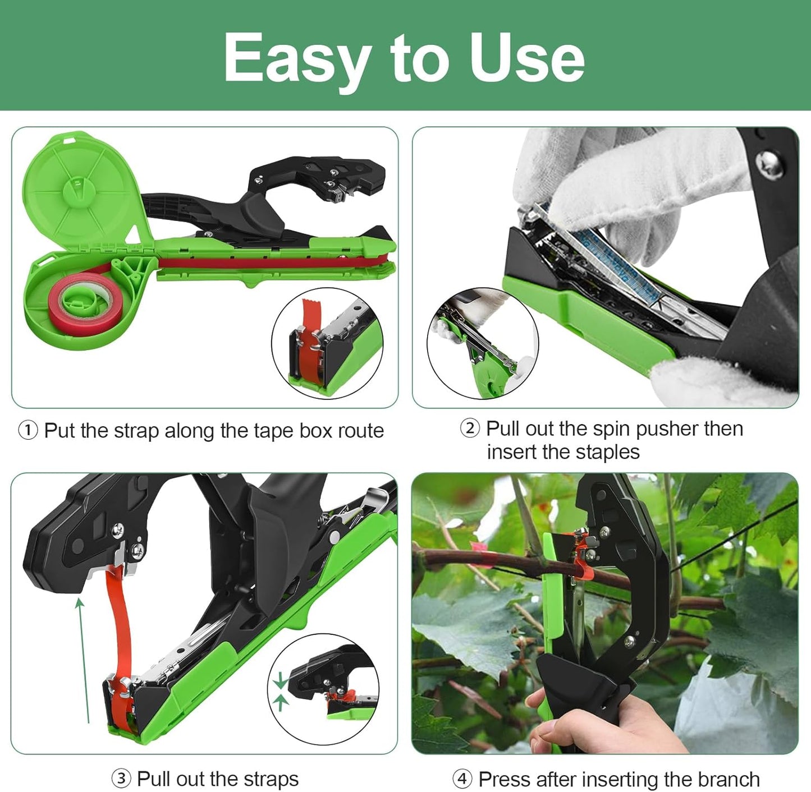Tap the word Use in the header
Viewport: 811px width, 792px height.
pyautogui.click(x=528, y=57)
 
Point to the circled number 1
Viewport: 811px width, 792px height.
pyautogui.click(x=28, y=431)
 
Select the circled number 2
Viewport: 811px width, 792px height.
pyautogui.click(x=470, y=429)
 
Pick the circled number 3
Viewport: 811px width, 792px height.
pyautogui.click(x=121, y=779)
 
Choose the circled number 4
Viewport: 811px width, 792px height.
pyautogui.click(x=462, y=779)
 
